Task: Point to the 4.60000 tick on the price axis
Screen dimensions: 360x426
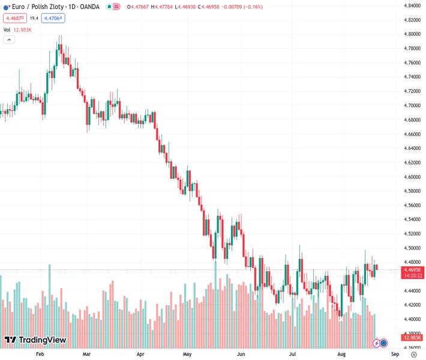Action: (x=412, y=177)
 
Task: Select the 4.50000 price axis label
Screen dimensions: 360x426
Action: (x=412, y=248)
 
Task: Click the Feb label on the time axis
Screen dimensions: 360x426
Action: (x=40, y=355)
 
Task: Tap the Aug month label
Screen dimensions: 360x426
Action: (x=341, y=355)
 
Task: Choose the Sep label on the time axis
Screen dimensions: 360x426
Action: (x=395, y=355)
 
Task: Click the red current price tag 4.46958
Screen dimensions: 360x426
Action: (x=412, y=270)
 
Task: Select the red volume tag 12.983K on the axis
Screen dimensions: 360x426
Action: (x=412, y=343)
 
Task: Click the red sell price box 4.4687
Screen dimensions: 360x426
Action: (x=14, y=18)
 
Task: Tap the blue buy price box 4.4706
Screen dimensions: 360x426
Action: (x=53, y=18)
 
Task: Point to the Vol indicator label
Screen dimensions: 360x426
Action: (x=7, y=29)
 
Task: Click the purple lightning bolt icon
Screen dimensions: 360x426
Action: (x=376, y=343)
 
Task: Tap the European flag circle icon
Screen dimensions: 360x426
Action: (x=7, y=7)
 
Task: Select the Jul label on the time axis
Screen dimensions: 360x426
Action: (x=292, y=355)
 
